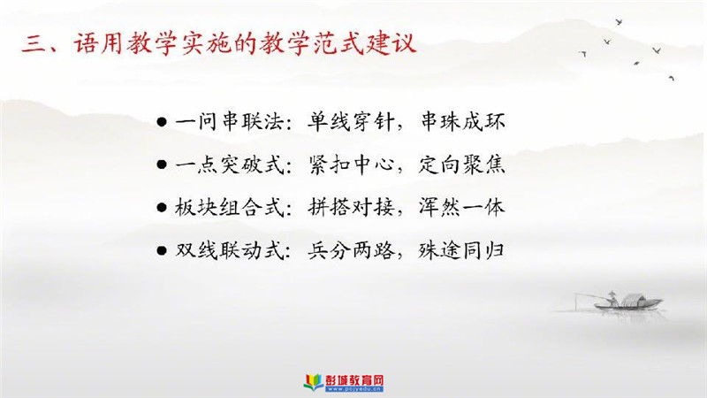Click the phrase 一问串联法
click(229, 122)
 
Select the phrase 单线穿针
click(351, 122)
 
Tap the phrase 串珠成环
click(462, 122)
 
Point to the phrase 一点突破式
click(230, 165)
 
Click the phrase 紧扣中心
click(351, 165)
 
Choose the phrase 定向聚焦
click(461, 165)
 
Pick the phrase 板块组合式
click(230, 208)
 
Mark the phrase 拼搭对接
click(351, 208)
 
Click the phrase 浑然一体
click(461, 208)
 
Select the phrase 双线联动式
click(230, 250)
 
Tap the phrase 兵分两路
click(351, 250)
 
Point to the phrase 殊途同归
click(461, 250)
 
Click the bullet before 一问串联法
click(162, 122)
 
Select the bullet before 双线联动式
click(162, 251)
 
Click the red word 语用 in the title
click(98, 43)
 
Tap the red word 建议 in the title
click(390, 43)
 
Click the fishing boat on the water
click(628, 302)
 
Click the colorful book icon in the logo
click(314, 382)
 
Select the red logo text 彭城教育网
click(354, 380)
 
